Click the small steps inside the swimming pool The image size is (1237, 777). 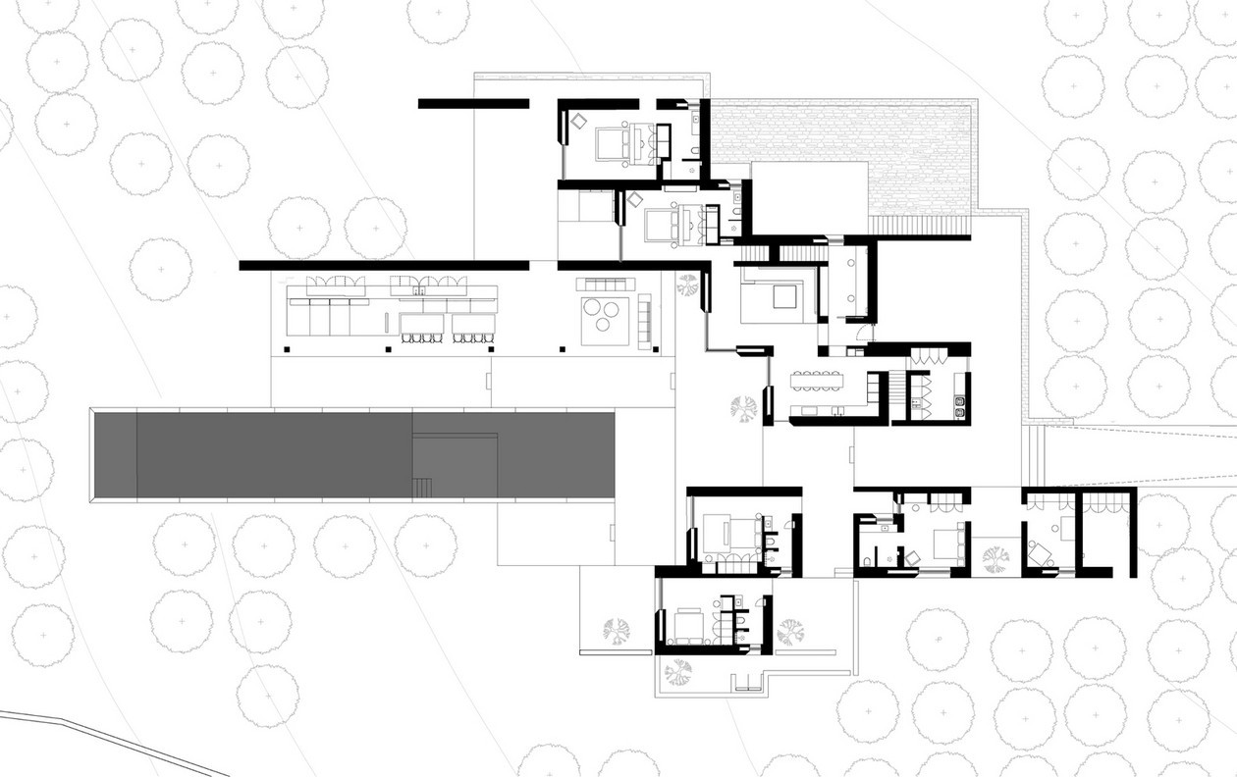point(423,487)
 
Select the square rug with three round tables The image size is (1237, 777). point(606,320)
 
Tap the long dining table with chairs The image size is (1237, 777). point(818,374)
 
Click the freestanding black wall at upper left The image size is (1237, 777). point(473,103)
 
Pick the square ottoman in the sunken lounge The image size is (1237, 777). point(784,296)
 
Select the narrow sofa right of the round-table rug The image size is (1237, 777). point(645,321)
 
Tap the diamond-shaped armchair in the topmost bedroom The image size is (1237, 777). point(578,121)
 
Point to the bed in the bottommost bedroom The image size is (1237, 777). point(686,625)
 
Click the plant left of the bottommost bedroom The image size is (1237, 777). point(618,631)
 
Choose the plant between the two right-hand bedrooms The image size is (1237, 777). point(995,559)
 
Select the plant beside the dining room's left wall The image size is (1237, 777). point(744,406)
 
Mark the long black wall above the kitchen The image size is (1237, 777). point(384,265)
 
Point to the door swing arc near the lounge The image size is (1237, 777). point(861,332)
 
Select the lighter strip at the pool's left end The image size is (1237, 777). point(114,455)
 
